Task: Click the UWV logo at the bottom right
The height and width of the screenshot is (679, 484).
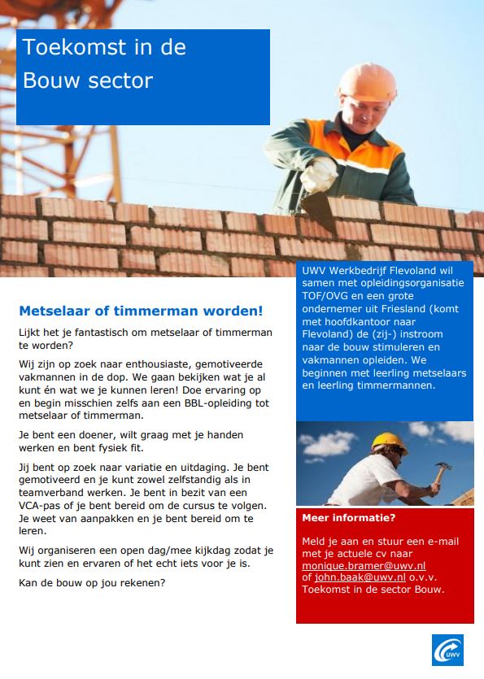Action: pos(447,650)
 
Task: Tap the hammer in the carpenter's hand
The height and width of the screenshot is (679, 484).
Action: pos(442,472)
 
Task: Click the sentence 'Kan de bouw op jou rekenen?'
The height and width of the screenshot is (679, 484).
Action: pos(94,582)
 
